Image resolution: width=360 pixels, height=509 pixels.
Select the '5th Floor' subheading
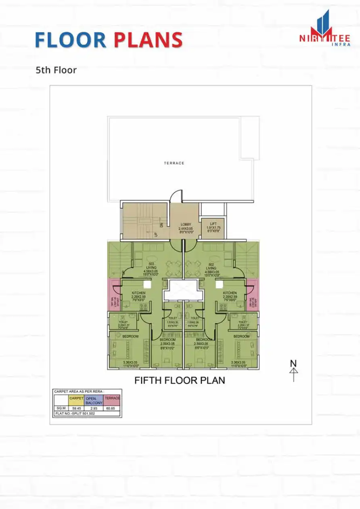tap(56, 70)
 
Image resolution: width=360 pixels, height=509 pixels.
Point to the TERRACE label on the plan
tap(174, 163)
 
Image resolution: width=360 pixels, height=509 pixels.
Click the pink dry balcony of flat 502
tap(252, 294)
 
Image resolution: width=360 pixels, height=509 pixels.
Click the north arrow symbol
tap(294, 370)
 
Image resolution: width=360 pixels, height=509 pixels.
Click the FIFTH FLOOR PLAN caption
tap(180, 380)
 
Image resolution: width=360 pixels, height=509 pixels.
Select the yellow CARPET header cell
tap(76, 400)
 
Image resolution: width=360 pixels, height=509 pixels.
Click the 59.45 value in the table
tap(76, 409)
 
